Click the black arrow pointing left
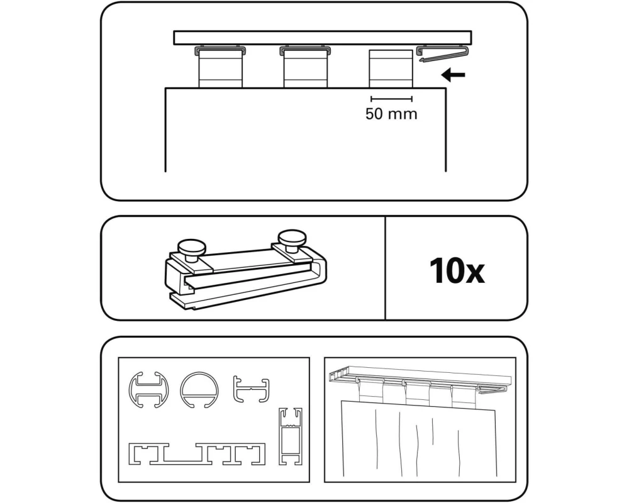453,75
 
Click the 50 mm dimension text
391,114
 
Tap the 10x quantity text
457,271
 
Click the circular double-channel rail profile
148,389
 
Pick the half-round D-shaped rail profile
199,389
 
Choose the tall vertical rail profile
291,436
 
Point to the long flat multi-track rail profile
197,454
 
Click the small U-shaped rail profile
252,389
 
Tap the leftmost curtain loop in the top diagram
220,67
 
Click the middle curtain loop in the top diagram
305,67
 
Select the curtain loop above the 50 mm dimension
391,68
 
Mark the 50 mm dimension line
391,99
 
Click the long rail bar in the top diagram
323,37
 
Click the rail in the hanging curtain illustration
420,375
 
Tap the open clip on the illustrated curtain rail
491,389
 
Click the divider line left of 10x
385,268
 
